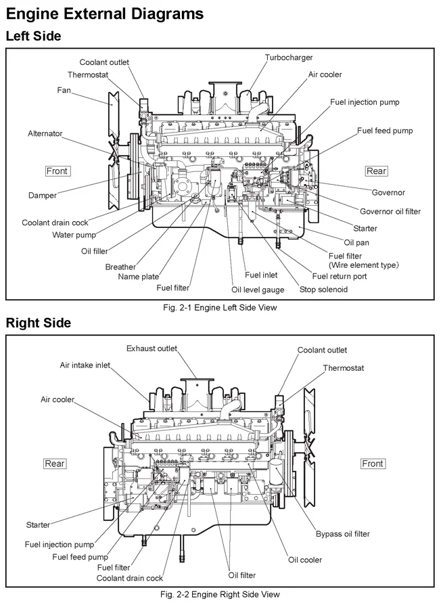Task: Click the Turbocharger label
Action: [x=289, y=58]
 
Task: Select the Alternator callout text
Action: [x=45, y=134]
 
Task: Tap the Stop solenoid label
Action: [x=323, y=290]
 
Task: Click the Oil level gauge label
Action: [x=258, y=290]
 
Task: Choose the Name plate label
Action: [x=139, y=277]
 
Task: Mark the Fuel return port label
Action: [x=340, y=276]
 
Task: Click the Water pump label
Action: [x=74, y=235]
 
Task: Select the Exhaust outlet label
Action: [x=152, y=348]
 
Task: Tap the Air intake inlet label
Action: [x=85, y=365]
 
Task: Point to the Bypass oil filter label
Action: [x=343, y=534]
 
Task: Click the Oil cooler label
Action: [x=305, y=560]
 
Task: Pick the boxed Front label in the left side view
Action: [x=57, y=171]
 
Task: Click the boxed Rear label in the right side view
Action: [x=55, y=464]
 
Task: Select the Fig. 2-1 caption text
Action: [x=220, y=307]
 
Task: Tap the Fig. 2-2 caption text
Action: [x=220, y=595]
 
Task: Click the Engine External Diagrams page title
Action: [x=104, y=14]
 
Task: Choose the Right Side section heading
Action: [x=39, y=323]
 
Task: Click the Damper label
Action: [x=43, y=196]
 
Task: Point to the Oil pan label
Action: [x=356, y=242]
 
